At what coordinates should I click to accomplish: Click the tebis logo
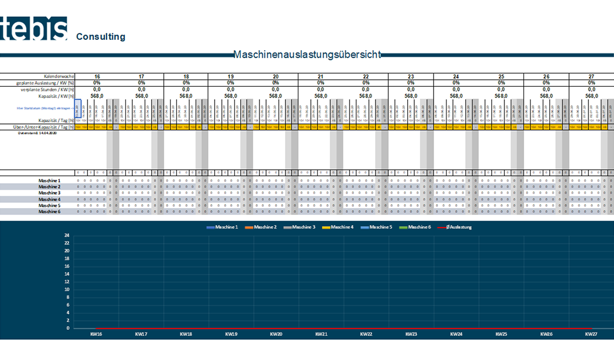34,28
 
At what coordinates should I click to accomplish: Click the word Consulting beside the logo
101,37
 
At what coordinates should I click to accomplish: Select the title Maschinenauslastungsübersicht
307,54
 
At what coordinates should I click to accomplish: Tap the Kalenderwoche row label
59,77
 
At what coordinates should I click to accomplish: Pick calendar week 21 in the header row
320,77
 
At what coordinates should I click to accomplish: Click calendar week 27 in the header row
591,77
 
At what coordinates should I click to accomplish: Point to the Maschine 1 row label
50,181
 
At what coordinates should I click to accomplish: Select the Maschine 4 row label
50,199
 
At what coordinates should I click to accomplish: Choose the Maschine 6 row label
50,212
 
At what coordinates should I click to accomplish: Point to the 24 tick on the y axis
67,236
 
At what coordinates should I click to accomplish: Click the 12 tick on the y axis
67,282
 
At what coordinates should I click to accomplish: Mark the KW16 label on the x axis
96,334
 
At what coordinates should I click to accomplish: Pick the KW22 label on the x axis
366,334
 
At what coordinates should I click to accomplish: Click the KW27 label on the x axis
591,334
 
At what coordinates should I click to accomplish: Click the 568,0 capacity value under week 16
96,96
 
